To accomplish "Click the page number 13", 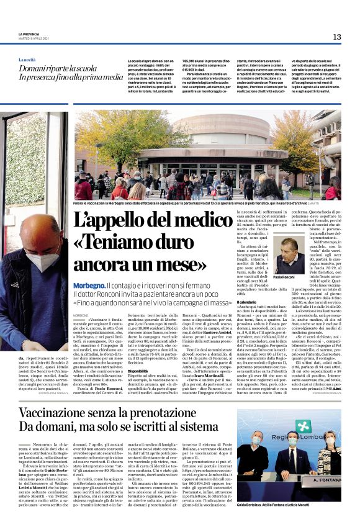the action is [336, 37].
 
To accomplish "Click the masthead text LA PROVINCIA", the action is [29, 34].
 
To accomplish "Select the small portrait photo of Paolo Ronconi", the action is [289, 254].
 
